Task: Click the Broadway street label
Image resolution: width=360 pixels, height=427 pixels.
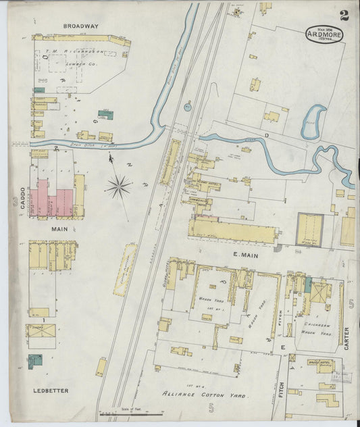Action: click(80, 26)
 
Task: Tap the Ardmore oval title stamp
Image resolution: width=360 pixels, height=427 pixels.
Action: click(324, 34)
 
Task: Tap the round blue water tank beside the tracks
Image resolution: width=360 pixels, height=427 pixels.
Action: click(187, 105)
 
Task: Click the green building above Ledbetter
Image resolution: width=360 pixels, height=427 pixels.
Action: click(35, 360)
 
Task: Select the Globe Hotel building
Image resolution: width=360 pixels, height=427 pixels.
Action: click(177, 274)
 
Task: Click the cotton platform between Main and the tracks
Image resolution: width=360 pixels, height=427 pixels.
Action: click(124, 270)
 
